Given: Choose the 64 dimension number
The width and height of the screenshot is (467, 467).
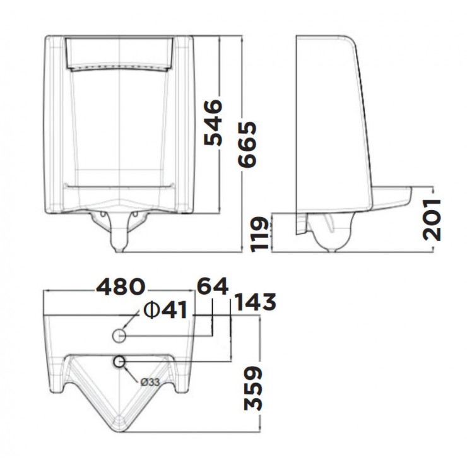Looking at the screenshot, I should (212, 287).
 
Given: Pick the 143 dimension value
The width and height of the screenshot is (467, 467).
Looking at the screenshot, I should (255, 303).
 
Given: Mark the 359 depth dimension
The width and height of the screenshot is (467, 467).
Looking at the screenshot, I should (253, 387).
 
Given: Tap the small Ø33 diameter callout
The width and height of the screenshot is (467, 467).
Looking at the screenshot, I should (149, 382).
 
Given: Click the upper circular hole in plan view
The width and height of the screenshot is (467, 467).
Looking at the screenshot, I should (120, 334).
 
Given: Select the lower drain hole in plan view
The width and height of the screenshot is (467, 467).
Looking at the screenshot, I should (120, 362).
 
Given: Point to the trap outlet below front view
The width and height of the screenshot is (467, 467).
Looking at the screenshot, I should (119, 242).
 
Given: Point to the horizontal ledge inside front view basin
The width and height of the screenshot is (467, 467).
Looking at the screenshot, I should (120, 186).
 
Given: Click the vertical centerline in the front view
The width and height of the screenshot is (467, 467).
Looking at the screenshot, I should (120, 126).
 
